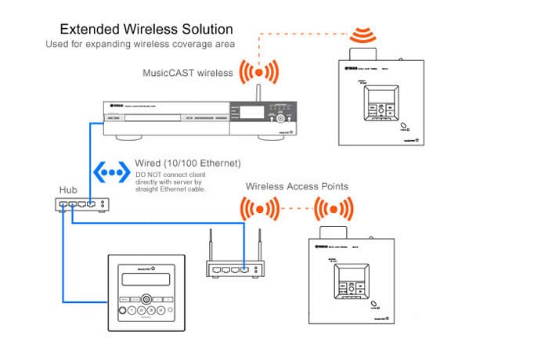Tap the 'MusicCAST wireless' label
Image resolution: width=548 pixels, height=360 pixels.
(189, 73)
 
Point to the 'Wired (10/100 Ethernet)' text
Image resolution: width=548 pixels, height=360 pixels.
(186, 162)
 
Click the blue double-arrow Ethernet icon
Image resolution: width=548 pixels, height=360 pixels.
(110, 171)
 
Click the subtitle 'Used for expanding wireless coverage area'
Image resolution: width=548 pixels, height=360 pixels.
(139, 45)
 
